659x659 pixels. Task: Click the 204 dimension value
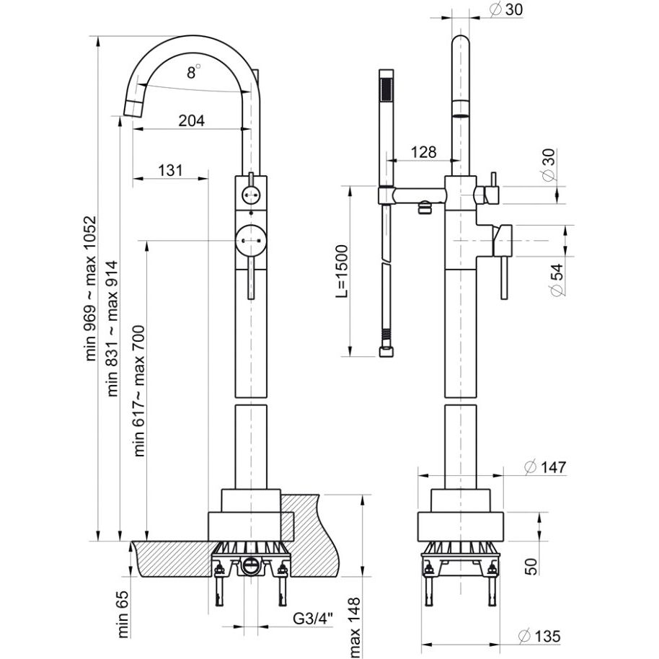coord(191,120)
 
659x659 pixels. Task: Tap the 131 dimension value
coord(169,171)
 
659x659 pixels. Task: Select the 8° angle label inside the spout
coord(193,71)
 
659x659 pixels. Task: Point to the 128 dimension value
coord(423,152)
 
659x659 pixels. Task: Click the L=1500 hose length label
coord(342,271)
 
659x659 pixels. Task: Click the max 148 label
coord(355,627)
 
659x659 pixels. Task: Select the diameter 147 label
coord(544,467)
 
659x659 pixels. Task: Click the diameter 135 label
coord(539,636)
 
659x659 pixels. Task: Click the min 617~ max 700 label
coord(139,392)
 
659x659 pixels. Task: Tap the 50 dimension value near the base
coord(531,565)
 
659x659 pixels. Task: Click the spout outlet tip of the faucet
coord(133,108)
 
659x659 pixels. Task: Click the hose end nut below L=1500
coord(386,352)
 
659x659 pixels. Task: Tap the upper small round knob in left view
coord(250,193)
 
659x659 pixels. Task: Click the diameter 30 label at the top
coord(505,9)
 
